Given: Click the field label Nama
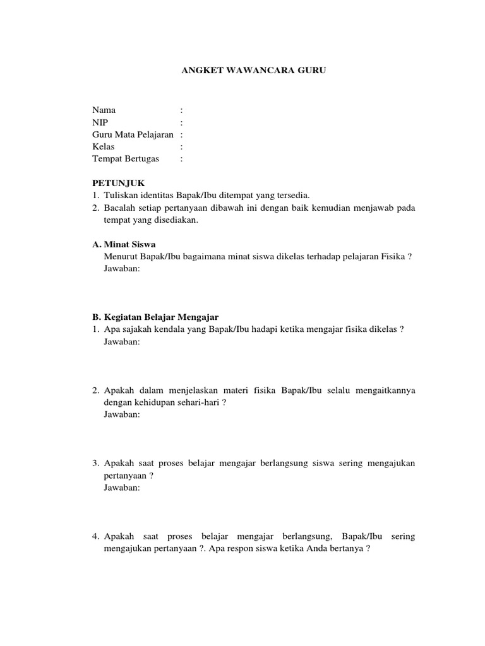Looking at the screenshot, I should (x=104, y=110).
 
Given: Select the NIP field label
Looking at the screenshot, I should (x=100, y=122).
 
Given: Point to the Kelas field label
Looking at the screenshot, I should (x=104, y=147).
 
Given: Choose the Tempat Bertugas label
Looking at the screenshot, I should (x=126, y=159).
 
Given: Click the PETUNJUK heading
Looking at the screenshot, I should (x=119, y=183).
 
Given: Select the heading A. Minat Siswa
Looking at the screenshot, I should (x=124, y=244).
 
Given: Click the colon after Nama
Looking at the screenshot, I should (x=181, y=110).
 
